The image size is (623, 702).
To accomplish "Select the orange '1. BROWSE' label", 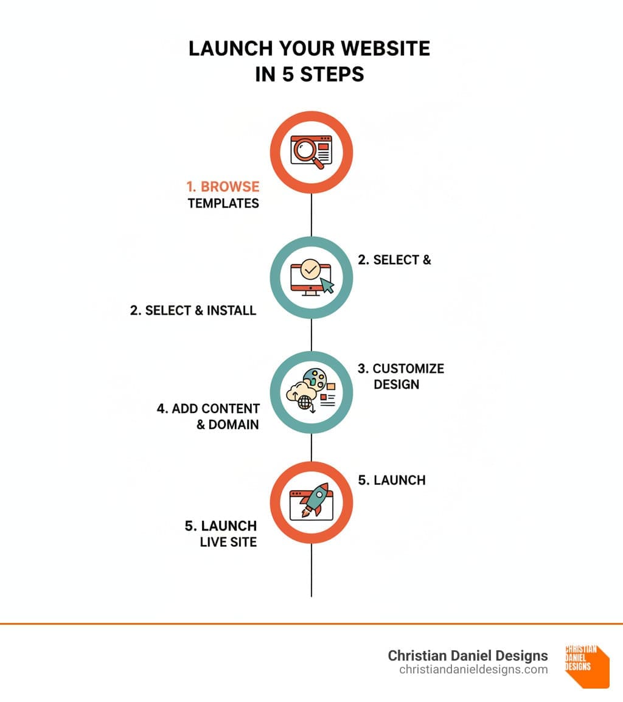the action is (223, 186).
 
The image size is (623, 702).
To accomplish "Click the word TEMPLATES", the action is (223, 203).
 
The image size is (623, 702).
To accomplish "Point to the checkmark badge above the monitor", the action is (310, 269).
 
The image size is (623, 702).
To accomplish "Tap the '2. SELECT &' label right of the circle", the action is (394, 260).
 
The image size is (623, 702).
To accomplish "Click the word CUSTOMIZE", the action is (408, 369).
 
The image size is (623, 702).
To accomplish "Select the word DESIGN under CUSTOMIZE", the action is (397, 384).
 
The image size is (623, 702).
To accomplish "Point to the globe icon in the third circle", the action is (305, 403).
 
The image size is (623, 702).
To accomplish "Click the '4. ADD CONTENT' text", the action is (208, 408).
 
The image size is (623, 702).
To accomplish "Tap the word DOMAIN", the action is (234, 425).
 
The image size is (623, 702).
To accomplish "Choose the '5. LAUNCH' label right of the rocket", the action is (391, 480).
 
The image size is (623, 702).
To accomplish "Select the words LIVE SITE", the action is (228, 542).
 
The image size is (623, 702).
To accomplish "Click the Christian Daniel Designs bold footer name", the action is (468, 655).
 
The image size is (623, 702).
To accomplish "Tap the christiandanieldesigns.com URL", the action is (473, 670).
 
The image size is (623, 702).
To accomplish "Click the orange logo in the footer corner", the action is (587, 666).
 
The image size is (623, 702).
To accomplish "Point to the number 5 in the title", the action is (287, 74).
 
